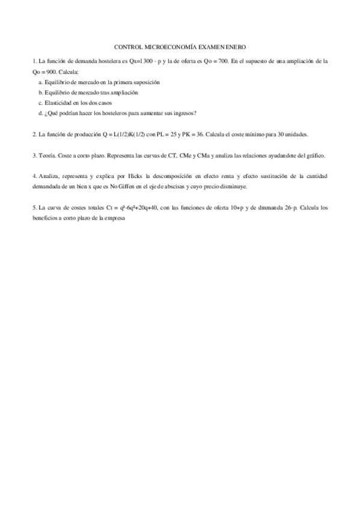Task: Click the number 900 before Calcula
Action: (51, 71)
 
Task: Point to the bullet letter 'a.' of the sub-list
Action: (40, 82)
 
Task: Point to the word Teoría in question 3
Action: (46, 155)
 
